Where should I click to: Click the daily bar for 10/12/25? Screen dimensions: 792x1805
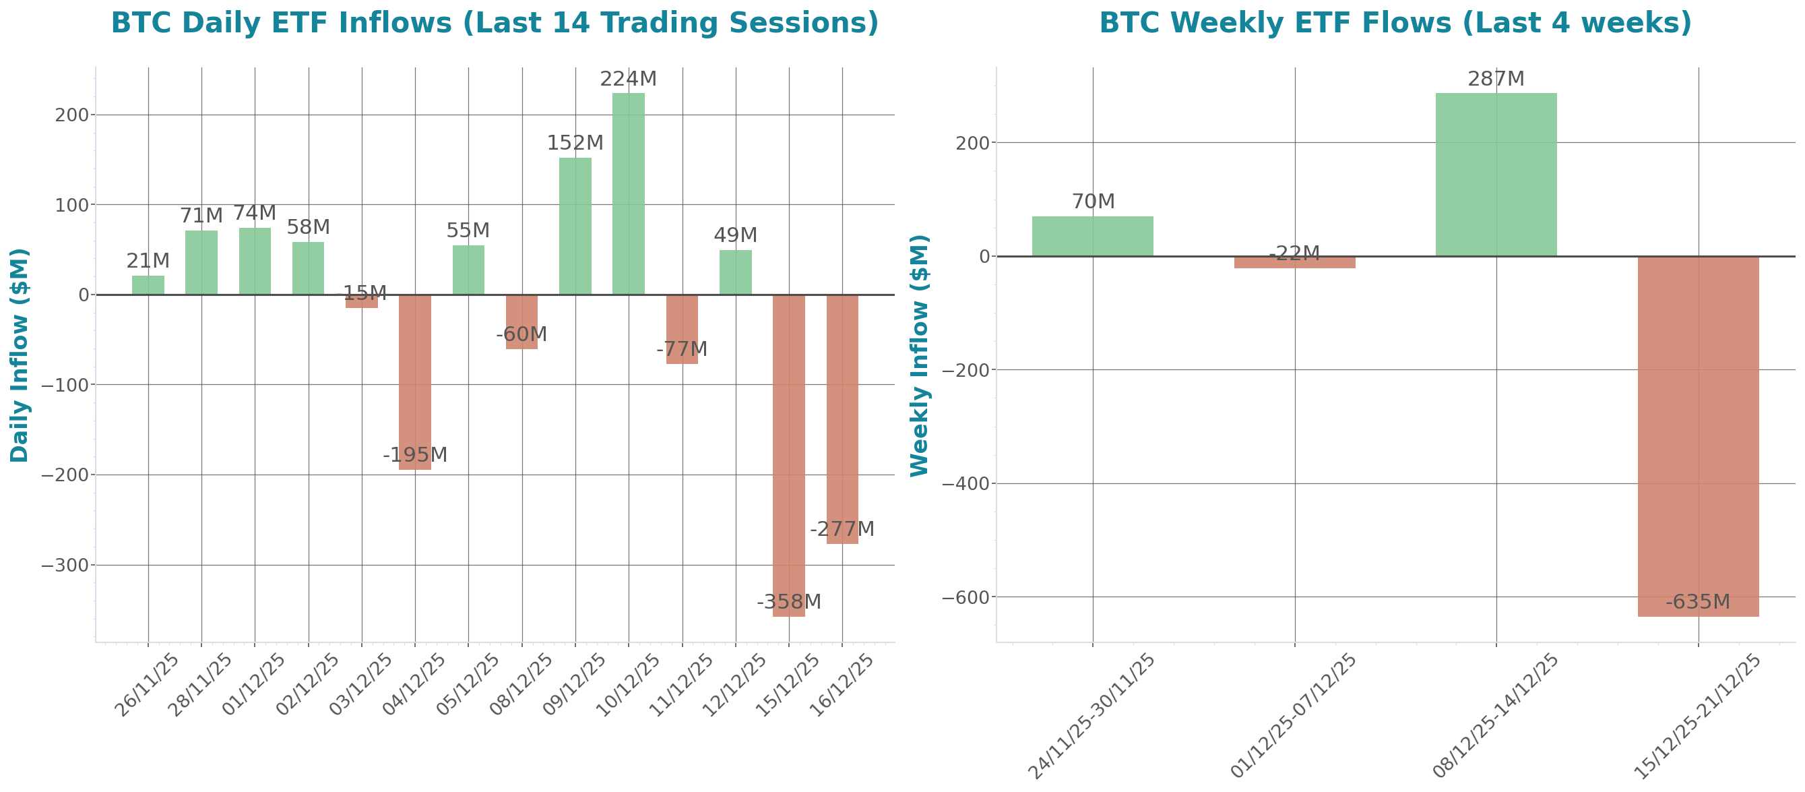coord(628,193)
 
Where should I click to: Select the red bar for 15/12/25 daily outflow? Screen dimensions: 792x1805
coord(788,456)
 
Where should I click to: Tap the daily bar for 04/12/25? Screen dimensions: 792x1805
coord(415,382)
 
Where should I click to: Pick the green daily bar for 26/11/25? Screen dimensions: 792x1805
coord(148,285)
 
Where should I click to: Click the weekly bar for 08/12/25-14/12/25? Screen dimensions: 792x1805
coord(1496,175)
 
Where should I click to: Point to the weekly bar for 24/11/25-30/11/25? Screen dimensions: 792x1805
coord(1092,236)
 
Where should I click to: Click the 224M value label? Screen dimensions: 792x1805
coord(628,80)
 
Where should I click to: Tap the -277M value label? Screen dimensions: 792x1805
coord(842,528)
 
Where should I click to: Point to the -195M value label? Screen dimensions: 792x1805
coord(415,455)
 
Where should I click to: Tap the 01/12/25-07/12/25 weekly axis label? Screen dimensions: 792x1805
coord(1294,716)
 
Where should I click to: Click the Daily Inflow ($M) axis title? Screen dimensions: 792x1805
coord(20,355)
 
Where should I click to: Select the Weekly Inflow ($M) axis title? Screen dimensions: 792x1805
coord(918,355)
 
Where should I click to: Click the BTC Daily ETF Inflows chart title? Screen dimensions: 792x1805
coord(495,23)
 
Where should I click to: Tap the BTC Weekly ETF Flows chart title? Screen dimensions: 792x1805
coord(1395,23)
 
